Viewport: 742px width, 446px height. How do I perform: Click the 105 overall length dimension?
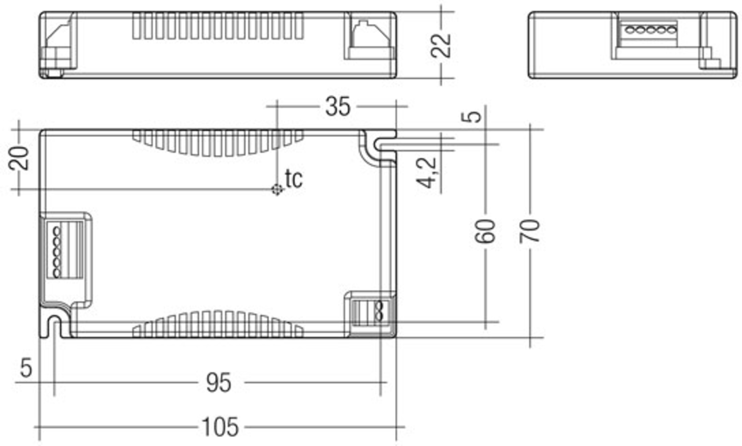click(x=220, y=427)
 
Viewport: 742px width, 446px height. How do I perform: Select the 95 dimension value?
click(x=219, y=383)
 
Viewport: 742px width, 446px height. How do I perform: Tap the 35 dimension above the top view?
click(x=338, y=107)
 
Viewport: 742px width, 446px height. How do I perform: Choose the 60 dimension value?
click(x=485, y=231)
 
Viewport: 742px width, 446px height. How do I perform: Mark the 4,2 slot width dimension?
click(x=427, y=173)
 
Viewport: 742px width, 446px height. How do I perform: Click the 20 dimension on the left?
click(x=19, y=158)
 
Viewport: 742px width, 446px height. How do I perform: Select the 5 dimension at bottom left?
click(x=26, y=368)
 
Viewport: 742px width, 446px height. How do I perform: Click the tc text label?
click(x=294, y=179)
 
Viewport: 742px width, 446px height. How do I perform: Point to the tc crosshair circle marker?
click(x=277, y=189)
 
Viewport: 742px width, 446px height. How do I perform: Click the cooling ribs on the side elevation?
click(x=218, y=26)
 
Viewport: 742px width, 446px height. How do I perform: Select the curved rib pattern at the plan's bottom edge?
click(x=218, y=325)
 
